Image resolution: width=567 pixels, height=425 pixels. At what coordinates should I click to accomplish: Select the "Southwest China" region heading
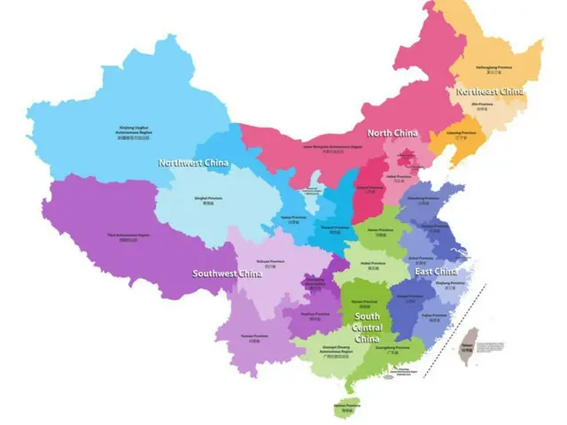228,274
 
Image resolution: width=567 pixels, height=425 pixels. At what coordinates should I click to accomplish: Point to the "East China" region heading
434,271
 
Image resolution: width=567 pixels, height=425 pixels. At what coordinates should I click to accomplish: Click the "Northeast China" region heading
489,91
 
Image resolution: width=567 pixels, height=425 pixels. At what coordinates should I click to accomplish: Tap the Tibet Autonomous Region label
130,236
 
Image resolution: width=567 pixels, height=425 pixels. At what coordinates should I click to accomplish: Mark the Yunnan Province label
255,338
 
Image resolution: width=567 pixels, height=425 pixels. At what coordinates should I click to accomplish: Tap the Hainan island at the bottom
347,408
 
